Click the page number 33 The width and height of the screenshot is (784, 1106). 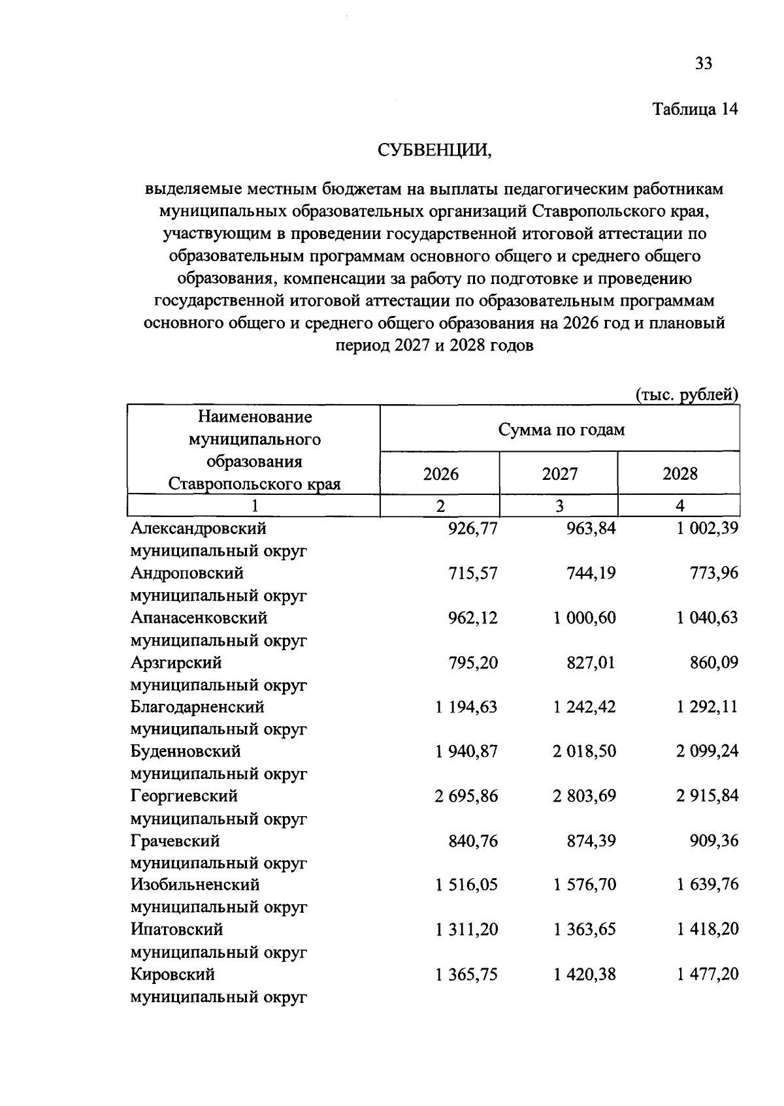click(x=703, y=63)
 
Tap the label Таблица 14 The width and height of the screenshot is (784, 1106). click(x=695, y=109)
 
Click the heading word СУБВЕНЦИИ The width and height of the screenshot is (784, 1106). click(x=434, y=151)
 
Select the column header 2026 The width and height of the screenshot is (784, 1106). click(x=440, y=473)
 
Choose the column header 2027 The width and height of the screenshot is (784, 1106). click(x=559, y=473)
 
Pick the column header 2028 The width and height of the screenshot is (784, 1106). click(x=679, y=473)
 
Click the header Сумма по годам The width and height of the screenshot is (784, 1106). click(x=561, y=430)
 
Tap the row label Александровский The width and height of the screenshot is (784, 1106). click(x=199, y=528)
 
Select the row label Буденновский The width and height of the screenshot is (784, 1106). click(x=186, y=751)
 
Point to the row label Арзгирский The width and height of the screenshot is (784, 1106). click(x=176, y=663)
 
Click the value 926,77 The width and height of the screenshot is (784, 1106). click(x=472, y=528)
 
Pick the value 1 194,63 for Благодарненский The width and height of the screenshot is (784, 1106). click(x=466, y=707)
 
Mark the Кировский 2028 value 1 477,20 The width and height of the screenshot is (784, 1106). click(x=708, y=975)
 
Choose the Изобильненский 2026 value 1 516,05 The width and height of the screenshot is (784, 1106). click(x=466, y=885)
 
